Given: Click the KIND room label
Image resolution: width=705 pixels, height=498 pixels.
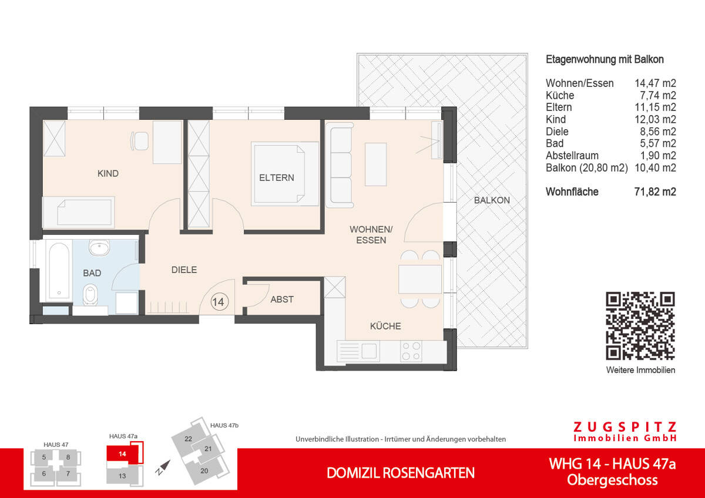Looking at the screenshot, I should pos(108,173).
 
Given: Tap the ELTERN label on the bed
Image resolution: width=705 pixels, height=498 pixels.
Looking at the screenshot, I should pos(277,177).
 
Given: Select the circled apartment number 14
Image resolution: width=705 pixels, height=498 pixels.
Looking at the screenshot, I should pos(218,302).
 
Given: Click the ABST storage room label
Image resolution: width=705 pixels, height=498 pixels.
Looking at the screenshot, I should pos(282,300).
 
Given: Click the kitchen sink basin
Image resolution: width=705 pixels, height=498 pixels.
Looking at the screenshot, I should pos(370,351).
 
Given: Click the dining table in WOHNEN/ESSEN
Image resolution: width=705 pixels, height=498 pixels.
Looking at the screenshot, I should pos(419,279).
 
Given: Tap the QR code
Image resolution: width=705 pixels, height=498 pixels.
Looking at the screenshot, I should pos(640,325).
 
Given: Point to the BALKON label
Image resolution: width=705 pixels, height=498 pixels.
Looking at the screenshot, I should pos(492,200).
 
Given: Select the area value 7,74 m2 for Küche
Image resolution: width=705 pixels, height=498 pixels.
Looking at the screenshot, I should pos(657,95).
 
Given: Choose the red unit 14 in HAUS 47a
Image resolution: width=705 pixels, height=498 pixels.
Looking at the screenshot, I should pos(122,454).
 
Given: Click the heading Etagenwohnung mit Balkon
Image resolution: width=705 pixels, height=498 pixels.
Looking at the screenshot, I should pos(605,59).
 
